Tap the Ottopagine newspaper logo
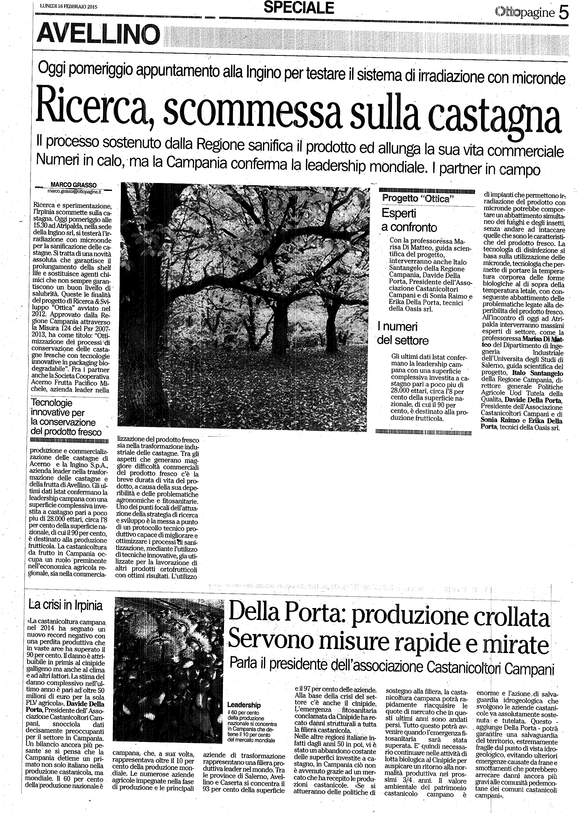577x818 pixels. (525, 13)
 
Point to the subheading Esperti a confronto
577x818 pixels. (409, 220)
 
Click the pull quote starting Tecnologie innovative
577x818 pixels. (66, 417)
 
